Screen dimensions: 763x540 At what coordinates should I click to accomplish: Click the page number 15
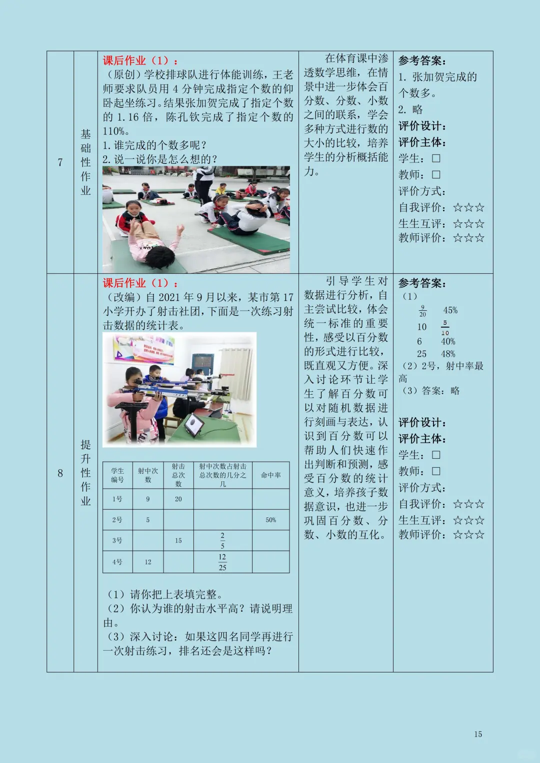coord(478,734)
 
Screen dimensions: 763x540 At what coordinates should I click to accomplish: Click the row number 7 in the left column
coord(60,162)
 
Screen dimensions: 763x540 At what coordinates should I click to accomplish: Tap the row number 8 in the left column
coord(60,473)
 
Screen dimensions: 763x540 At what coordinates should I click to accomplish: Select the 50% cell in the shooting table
coord(270,520)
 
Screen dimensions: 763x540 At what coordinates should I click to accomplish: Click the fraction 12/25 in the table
coord(222,562)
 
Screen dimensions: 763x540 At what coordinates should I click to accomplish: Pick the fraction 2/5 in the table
coord(222,540)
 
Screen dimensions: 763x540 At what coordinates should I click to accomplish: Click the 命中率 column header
coord(270,475)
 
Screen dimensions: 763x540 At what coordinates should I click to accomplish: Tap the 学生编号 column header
coord(117,475)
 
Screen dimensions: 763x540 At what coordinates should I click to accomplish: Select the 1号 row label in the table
coord(117,499)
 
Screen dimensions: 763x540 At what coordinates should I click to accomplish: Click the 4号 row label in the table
coord(117,562)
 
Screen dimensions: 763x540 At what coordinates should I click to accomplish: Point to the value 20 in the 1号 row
coord(178,499)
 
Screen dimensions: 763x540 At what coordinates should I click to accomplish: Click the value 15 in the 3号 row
coord(178,540)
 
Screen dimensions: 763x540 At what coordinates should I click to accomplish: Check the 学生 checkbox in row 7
coord(436,158)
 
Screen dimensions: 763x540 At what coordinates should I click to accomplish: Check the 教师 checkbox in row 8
coord(436,471)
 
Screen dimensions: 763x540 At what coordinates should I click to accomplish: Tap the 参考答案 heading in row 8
coord(422,283)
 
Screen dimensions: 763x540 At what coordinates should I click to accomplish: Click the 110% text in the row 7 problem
coord(115,131)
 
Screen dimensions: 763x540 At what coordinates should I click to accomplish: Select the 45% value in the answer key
coord(450,310)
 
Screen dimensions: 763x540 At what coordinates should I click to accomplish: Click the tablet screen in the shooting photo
coord(194,425)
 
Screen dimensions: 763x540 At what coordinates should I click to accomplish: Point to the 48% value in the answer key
coord(448,354)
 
